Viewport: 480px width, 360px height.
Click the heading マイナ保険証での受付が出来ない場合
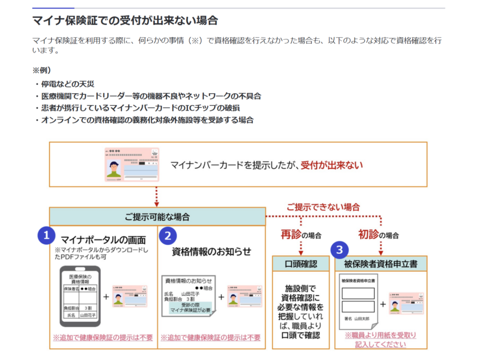pyautogui.click(x=125, y=21)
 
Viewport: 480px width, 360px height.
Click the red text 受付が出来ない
pyautogui.click(x=332, y=165)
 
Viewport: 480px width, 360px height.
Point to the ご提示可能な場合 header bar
pyautogui.click(x=157, y=217)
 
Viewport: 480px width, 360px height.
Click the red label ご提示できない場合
pyautogui.click(x=323, y=207)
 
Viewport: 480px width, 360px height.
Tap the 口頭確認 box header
pyautogui.click(x=301, y=263)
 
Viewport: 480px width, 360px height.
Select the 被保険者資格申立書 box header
pyautogui.click(x=381, y=263)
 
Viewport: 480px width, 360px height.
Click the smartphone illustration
pyautogui.click(x=80, y=296)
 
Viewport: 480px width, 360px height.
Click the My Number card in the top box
pyautogui.click(x=132, y=165)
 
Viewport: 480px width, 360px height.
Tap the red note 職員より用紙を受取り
pyautogui.click(x=381, y=335)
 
